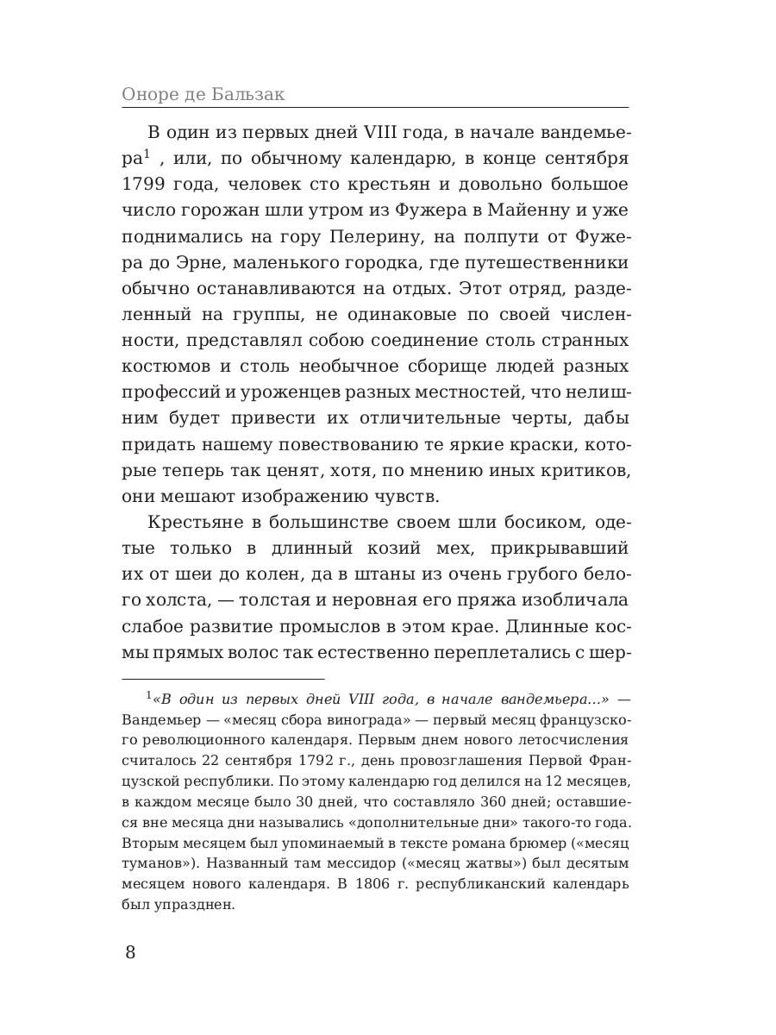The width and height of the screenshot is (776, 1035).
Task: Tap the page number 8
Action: pos(130,952)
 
